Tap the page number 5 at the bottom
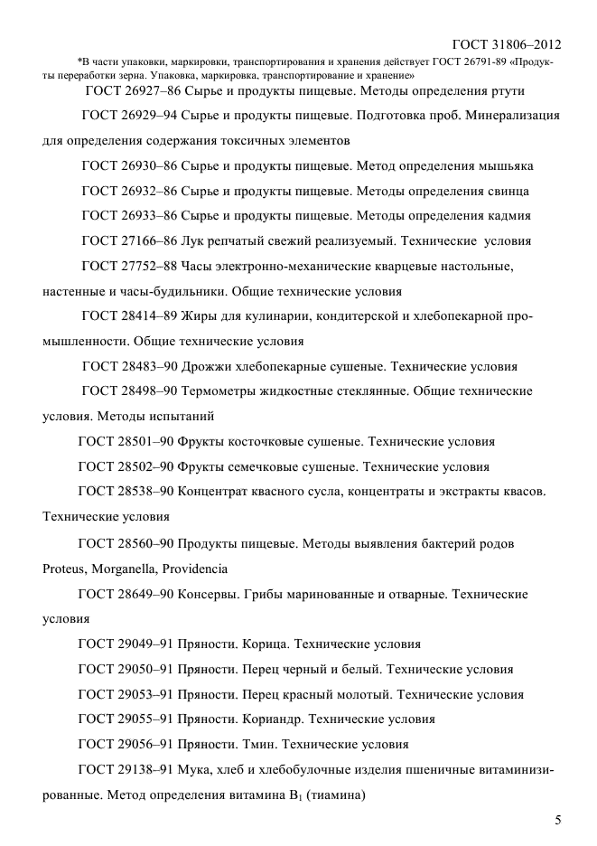point(557,820)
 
